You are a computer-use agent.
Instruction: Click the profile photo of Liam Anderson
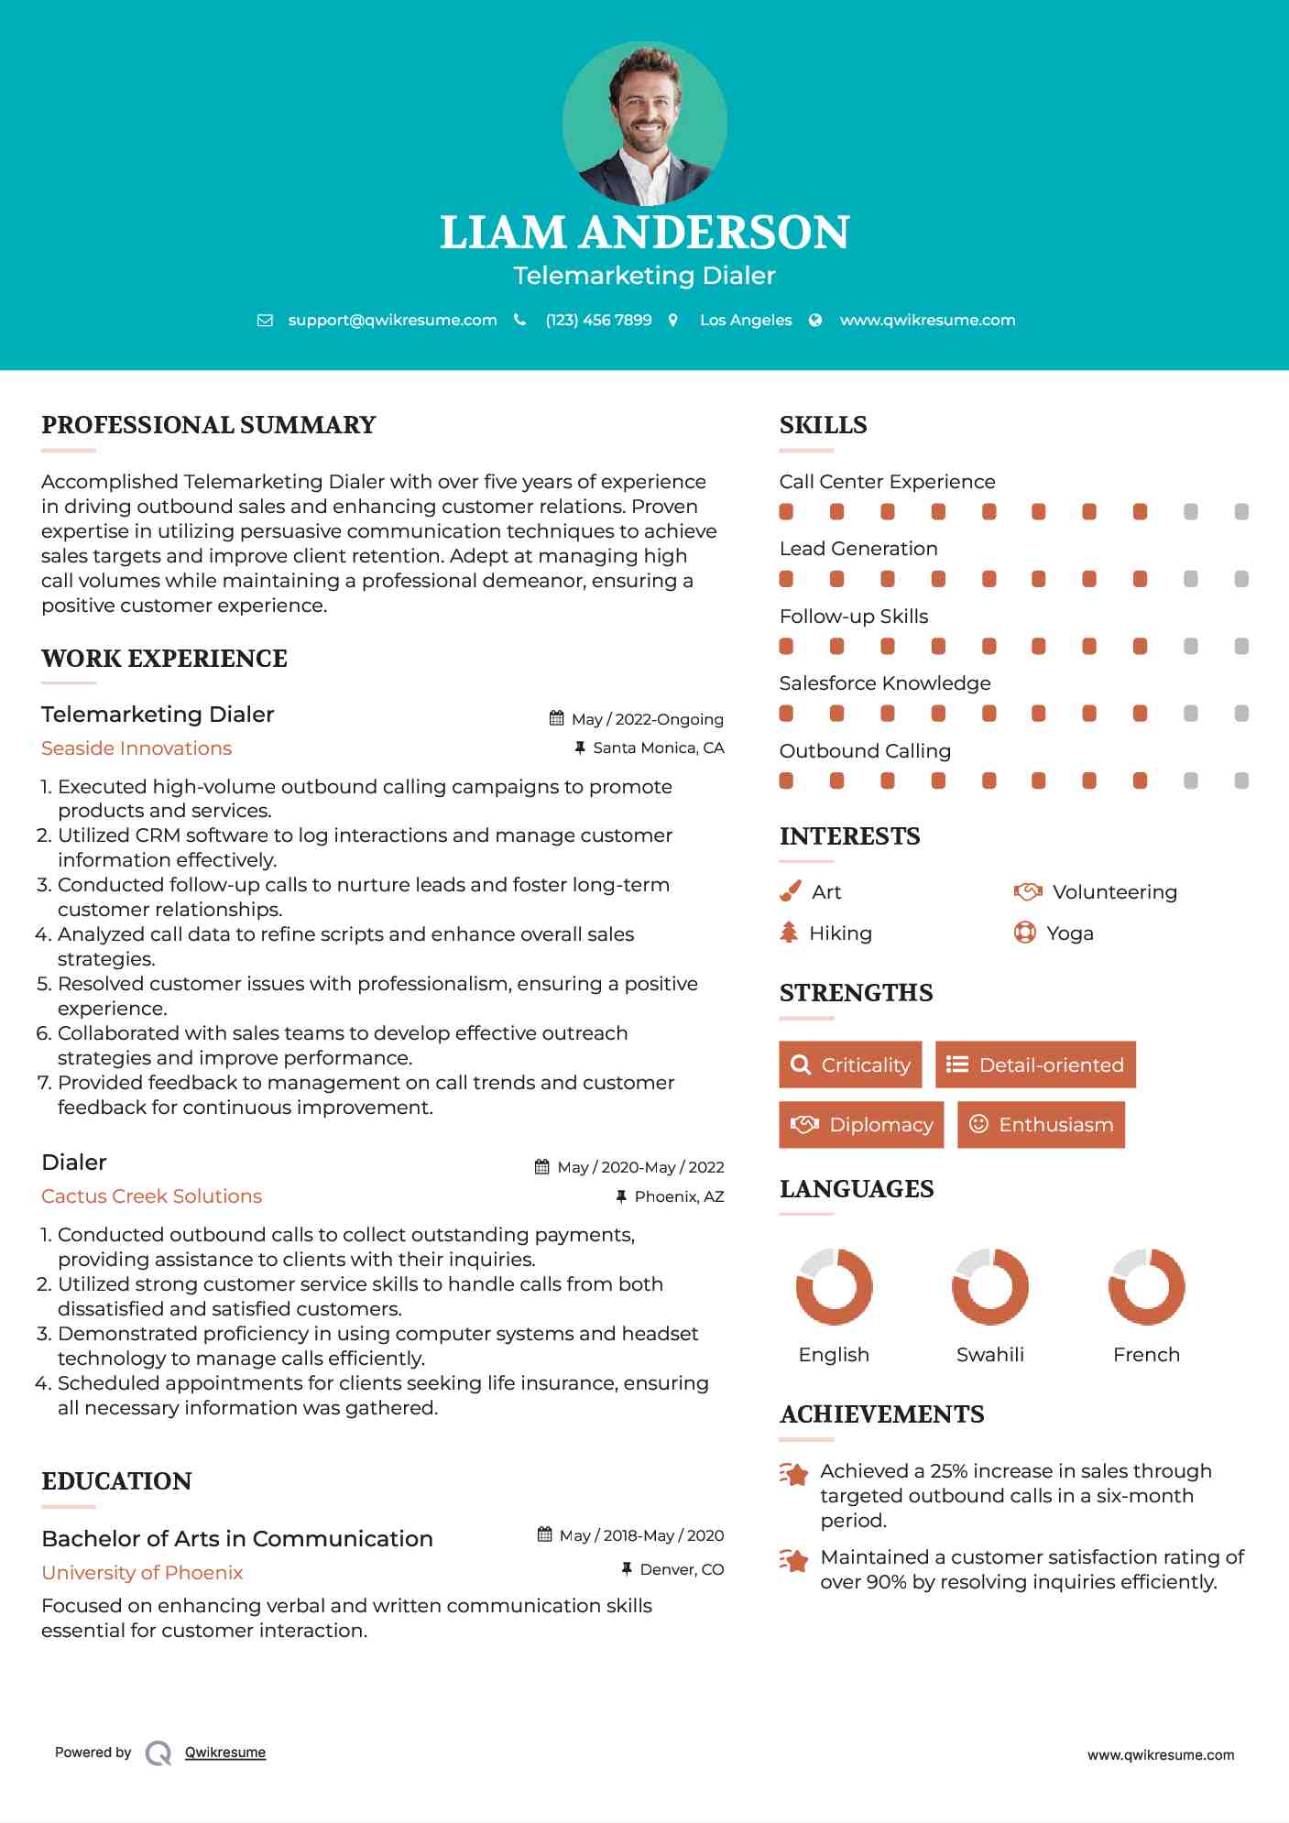645,123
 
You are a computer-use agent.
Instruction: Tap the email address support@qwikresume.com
392,320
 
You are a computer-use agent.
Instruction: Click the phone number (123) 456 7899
598,320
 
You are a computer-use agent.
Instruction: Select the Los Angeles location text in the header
746,320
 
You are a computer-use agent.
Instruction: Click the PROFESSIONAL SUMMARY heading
209,425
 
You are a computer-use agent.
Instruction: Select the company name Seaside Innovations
137,748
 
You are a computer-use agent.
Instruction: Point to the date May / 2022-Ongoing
647,719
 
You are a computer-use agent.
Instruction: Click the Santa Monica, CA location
658,748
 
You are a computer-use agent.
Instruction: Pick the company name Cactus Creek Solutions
151,1196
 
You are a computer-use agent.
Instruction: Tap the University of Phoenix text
142,1573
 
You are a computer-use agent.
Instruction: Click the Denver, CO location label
682,1569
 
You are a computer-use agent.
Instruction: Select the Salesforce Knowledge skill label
885,683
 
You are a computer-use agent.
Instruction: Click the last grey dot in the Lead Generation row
1241,579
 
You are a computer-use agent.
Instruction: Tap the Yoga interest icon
1025,933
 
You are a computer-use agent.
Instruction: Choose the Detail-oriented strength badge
1035,1064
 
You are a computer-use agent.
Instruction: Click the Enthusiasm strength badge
1041,1124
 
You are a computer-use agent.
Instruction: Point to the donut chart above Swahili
990,1286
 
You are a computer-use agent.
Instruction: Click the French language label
1146,1355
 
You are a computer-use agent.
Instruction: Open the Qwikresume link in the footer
225,1752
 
